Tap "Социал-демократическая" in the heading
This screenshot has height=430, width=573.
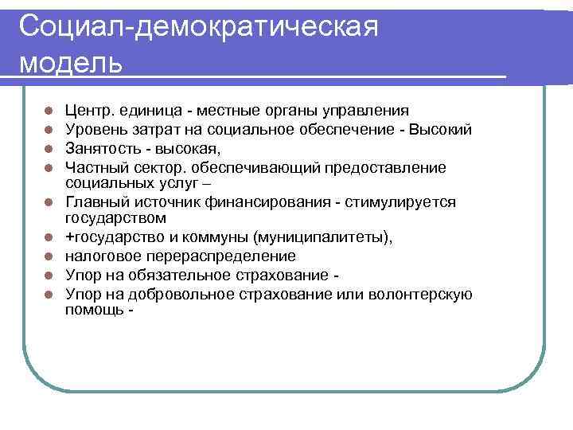(197, 27)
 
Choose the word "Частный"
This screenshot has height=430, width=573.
(94, 167)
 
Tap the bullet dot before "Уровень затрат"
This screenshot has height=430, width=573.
(49, 130)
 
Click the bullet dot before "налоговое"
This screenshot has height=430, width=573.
(49, 257)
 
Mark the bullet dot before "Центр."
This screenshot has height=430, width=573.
(49, 111)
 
